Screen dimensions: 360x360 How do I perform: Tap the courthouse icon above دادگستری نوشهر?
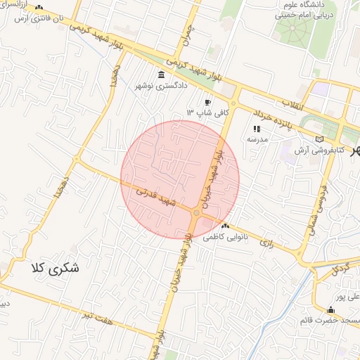[162, 75]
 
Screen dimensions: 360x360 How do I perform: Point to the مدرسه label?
[256, 139]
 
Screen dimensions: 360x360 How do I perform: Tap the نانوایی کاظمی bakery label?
[226, 238]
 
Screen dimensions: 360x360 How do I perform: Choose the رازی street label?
[266, 243]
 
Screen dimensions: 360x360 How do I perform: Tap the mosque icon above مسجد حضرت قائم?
[330, 310]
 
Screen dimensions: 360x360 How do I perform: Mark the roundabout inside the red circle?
[196, 212]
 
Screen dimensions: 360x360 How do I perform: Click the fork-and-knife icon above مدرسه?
[256, 129]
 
